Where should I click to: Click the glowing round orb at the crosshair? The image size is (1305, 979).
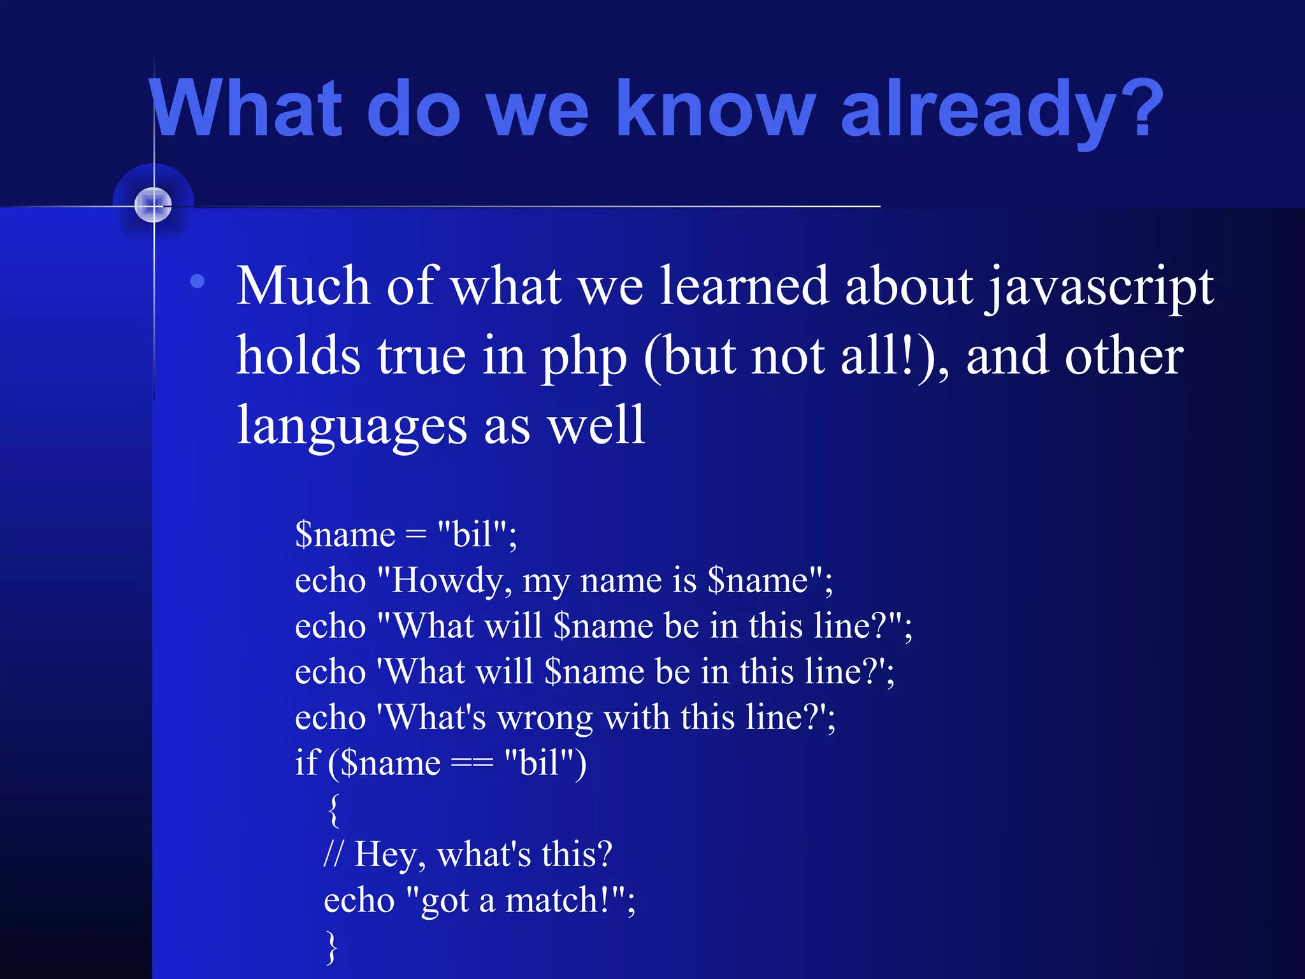(153, 205)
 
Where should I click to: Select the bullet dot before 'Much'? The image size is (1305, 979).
(198, 281)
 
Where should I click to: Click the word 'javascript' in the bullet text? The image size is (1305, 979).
(1099, 287)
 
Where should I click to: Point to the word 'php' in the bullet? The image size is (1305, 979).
(584, 357)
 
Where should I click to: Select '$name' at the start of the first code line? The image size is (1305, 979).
(345, 534)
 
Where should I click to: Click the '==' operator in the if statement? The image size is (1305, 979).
(472, 763)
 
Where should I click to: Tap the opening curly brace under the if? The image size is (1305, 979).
(333, 809)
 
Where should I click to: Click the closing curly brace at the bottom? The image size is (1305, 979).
(331, 947)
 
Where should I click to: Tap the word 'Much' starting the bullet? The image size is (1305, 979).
(303, 286)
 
